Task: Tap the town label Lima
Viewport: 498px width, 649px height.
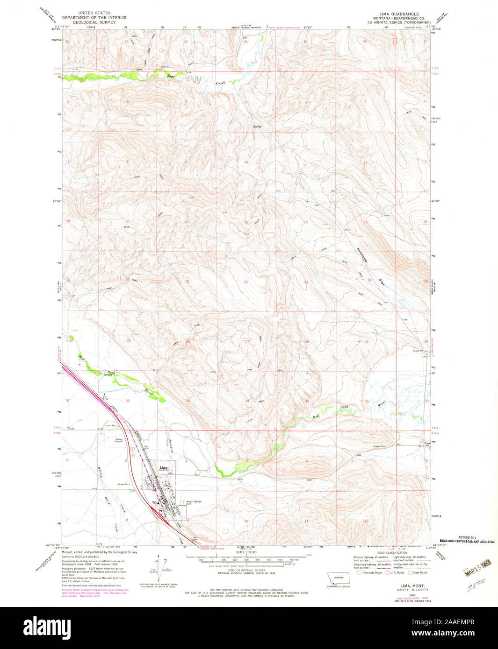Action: click(x=163, y=467)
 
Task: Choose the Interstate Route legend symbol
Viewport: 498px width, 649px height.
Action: click(x=360, y=572)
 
